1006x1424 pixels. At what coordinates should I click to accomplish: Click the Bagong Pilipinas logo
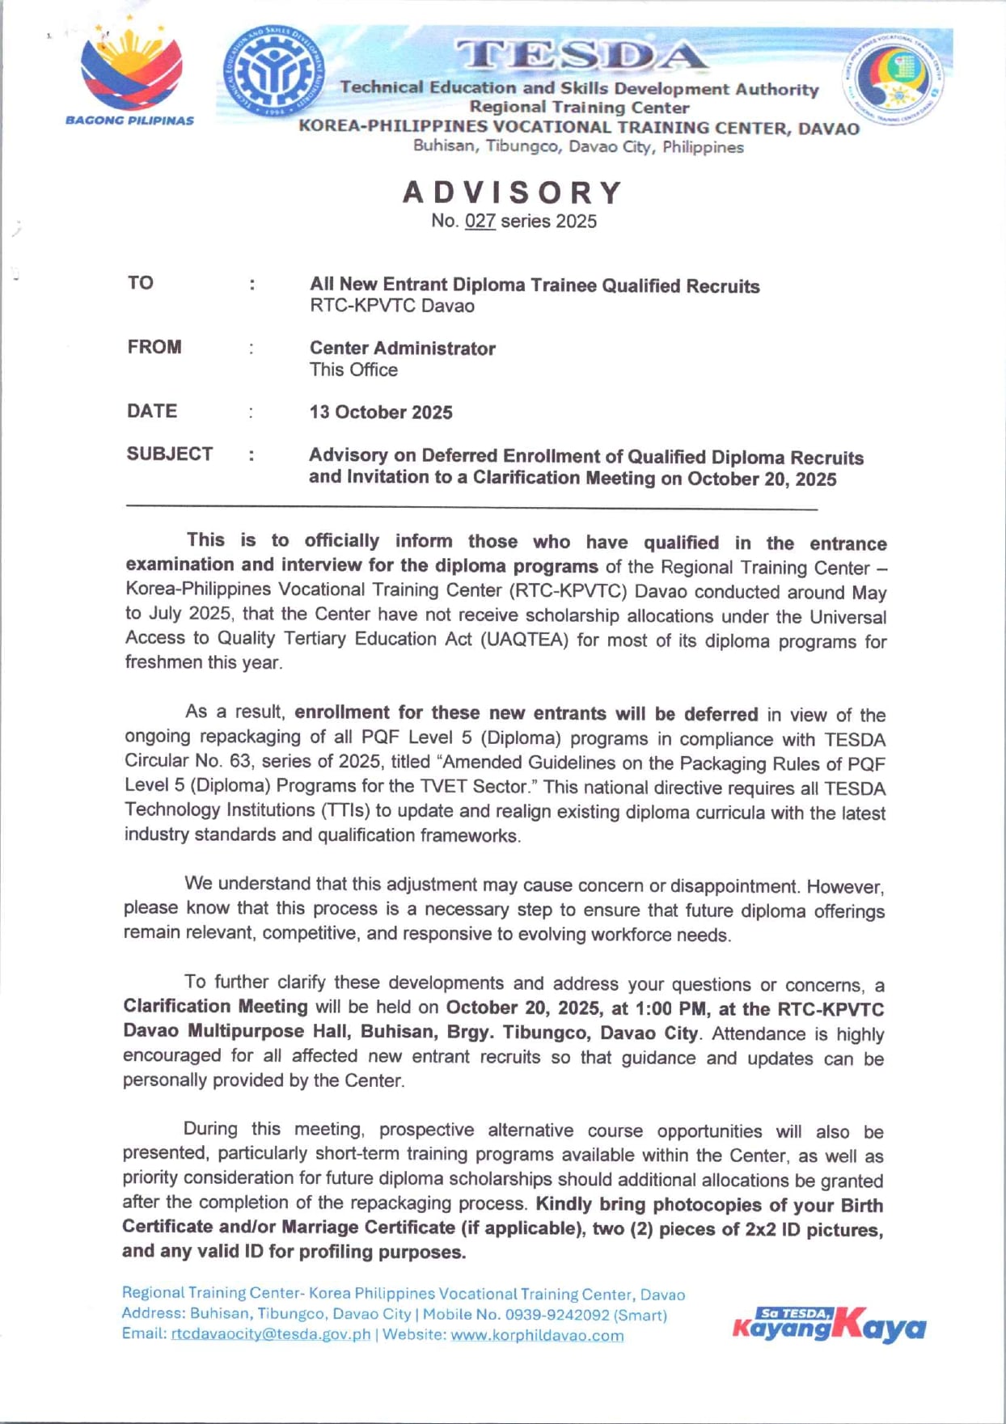click(x=129, y=73)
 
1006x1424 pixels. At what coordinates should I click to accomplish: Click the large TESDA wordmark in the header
click(x=579, y=55)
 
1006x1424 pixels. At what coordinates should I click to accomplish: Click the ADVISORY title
click(x=514, y=192)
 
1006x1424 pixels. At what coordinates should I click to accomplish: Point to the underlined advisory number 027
click(x=480, y=222)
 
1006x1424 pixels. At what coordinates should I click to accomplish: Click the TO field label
click(x=140, y=283)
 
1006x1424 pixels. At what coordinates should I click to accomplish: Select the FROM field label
click(x=154, y=347)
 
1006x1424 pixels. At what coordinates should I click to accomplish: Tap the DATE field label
click(x=151, y=411)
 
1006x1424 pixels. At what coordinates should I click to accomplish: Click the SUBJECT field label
click(x=169, y=454)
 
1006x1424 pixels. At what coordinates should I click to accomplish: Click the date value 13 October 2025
click(x=380, y=412)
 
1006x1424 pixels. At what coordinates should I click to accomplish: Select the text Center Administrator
click(x=402, y=349)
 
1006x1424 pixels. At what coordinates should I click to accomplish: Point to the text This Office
click(x=353, y=370)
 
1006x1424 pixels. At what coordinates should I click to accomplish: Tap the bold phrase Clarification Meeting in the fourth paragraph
click(x=215, y=1007)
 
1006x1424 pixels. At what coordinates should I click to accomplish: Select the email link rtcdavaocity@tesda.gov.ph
click(x=271, y=1334)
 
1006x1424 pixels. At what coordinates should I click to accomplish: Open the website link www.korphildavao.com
click(x=537, y=1335)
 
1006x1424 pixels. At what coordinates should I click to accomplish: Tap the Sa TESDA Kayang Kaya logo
click(x=829, y=1325)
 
